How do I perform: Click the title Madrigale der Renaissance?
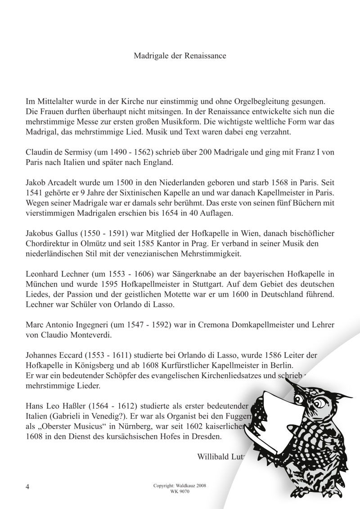180,56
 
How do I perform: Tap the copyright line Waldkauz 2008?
180,486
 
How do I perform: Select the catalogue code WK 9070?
180,491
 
